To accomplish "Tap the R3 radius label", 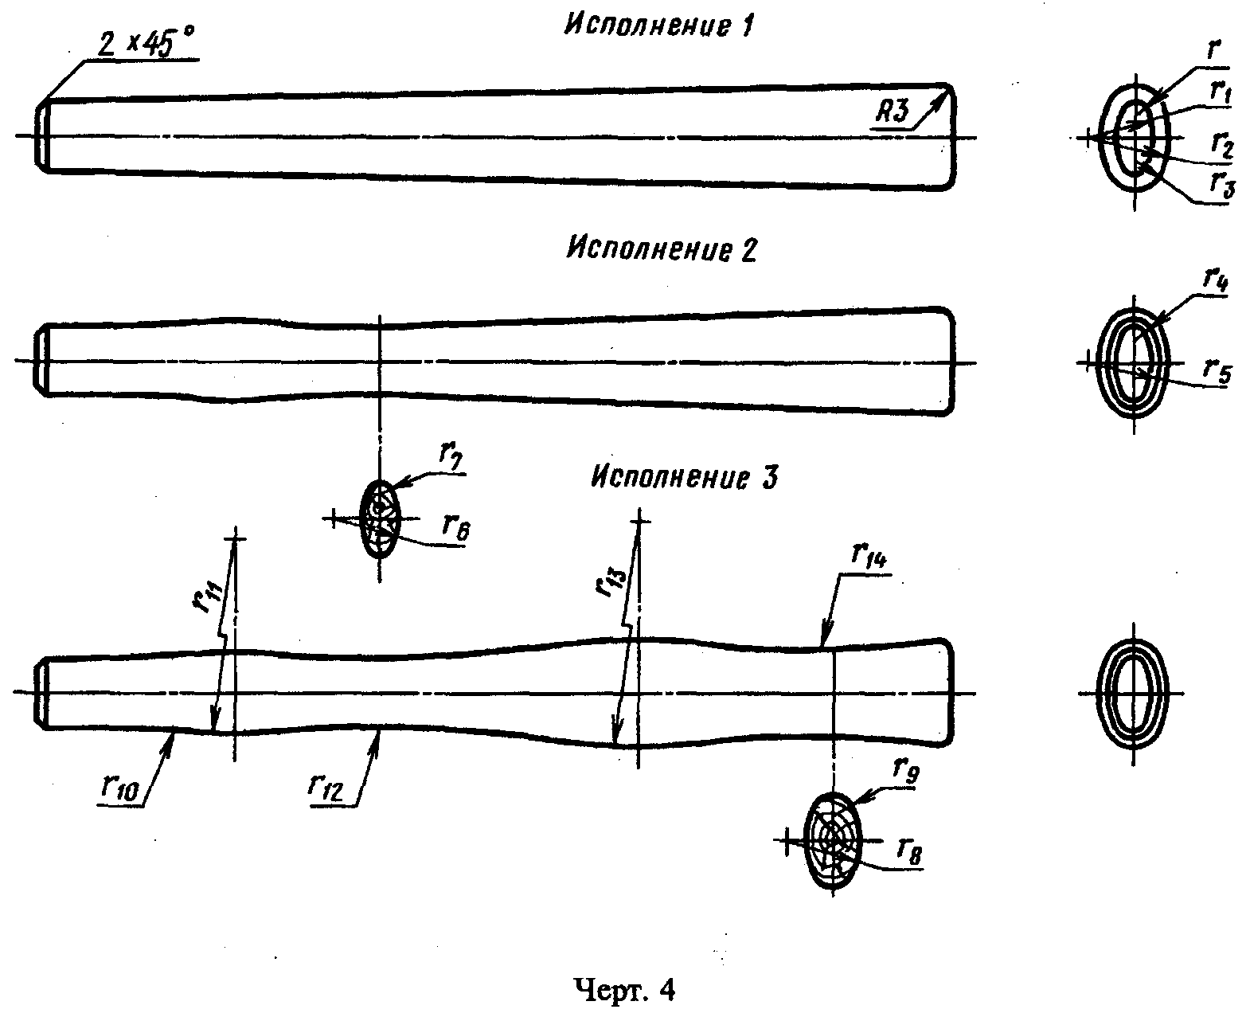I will pyautogui.click(x=893, y=112).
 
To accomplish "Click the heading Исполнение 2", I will pyautogui.click(x=660, y=249).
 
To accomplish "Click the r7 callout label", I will pyautogui.click(x=450, y=460).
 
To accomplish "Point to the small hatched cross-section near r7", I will pyautogui.click(x=378, y=519).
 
